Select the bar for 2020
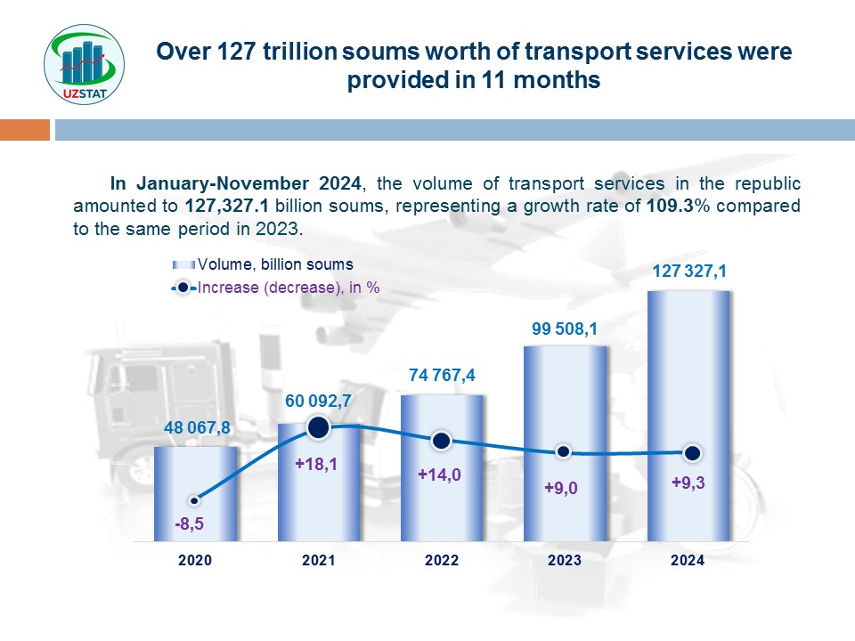196,494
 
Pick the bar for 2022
443,467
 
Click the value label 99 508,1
565,330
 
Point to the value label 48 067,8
197,428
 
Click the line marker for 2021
319,428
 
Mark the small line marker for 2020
194,501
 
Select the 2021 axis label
319,561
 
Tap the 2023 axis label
565,561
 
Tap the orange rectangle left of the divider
25,131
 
